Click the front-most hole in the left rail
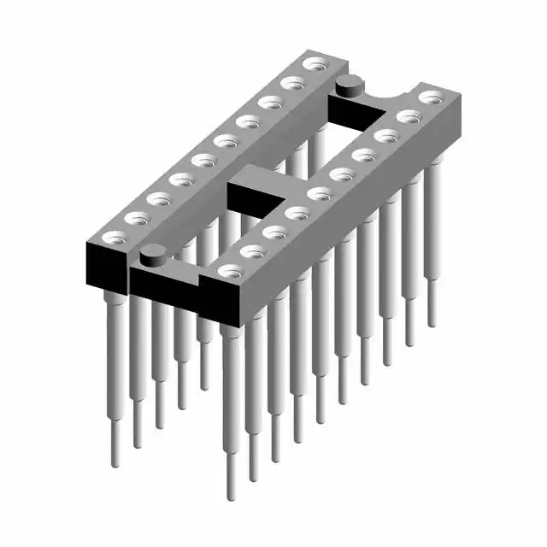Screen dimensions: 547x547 point(109,237)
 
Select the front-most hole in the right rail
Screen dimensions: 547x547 point(228,271)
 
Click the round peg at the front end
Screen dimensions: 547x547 point(153,254)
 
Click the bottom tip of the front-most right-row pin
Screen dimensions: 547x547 point(230,496)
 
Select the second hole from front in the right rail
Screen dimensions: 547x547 point(252,250)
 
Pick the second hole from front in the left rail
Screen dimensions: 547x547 point(134,218)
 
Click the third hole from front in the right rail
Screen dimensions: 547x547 point(274,231)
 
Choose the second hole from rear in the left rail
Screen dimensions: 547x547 point(293,83)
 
